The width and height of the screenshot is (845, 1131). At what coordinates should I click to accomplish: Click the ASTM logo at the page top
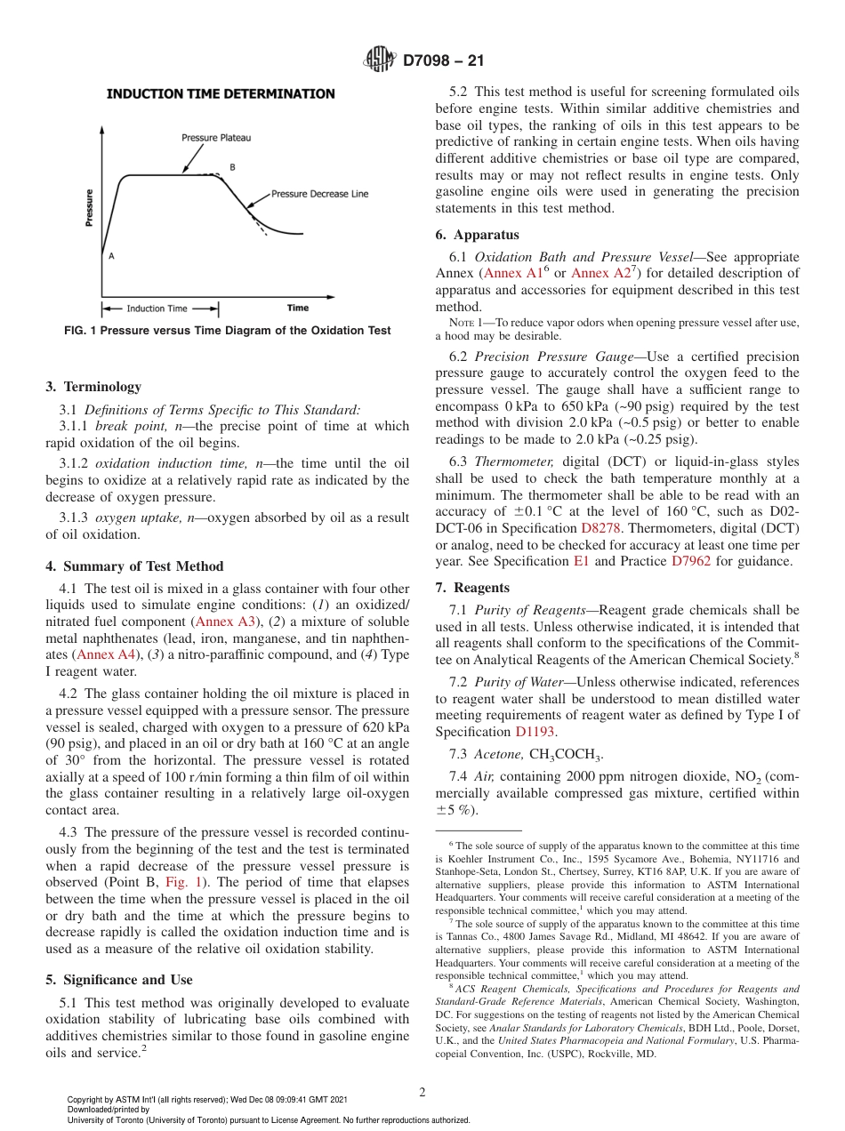tap(381, 60)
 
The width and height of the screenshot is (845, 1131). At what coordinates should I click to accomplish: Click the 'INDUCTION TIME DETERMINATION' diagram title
tap(221, 93)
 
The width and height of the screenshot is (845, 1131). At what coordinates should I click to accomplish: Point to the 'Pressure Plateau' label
tap(216, 138)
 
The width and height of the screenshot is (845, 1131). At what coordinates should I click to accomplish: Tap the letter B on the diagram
tap(232, 167)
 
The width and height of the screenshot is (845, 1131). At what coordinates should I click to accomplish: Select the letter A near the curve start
tap(111, 255)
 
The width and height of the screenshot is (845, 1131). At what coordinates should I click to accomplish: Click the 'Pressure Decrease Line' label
tap(319, 194)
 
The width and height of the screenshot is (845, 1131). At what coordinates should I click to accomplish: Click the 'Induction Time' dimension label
tap(157, 309)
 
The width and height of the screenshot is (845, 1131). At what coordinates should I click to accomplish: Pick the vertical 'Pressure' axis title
tap(90, 208)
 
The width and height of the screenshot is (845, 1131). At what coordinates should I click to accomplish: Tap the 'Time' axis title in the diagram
tap(298, 309)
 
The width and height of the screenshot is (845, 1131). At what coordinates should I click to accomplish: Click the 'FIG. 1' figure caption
tap(228, 331)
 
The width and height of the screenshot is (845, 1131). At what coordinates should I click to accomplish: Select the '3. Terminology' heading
tap(93, 387)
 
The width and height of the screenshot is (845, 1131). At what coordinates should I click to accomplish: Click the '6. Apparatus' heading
tap(478, 235)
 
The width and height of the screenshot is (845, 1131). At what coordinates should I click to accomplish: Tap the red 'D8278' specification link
tap(600, 528)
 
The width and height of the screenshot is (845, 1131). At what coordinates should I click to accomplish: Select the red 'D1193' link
tap(535, 731)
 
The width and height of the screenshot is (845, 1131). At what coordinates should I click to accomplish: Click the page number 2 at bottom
tap(422, 1092)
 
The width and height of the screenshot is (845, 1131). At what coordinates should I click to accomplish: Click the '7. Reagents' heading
tap(472, 588)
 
